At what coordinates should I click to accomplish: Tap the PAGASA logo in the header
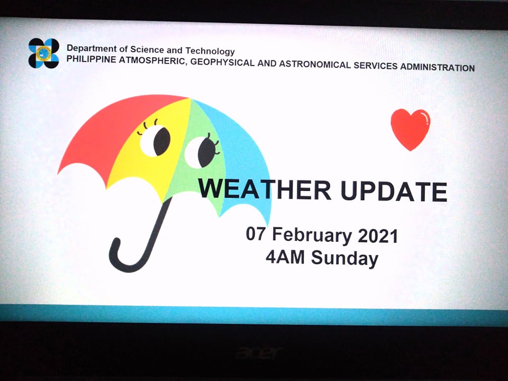click(x=44, y=53)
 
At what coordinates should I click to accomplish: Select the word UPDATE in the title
click(x=394, y=192)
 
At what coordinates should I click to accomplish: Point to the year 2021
click(x=378, y=236)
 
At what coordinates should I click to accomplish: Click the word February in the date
click(x=312, y=235)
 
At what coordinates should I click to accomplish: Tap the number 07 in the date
click(x=256, y=233)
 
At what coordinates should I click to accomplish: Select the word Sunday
click(x=344, y=259)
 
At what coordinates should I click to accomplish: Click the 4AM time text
click(x=285, y=257)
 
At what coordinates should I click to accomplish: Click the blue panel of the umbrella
click(x=242, y=156)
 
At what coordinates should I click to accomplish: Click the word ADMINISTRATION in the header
click(x=438, y=67)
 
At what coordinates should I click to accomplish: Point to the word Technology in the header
click(x=210, y=51)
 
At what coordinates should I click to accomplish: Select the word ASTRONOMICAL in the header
click(x=314, y=64)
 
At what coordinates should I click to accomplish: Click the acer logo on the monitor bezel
click(x=259, y=353)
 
